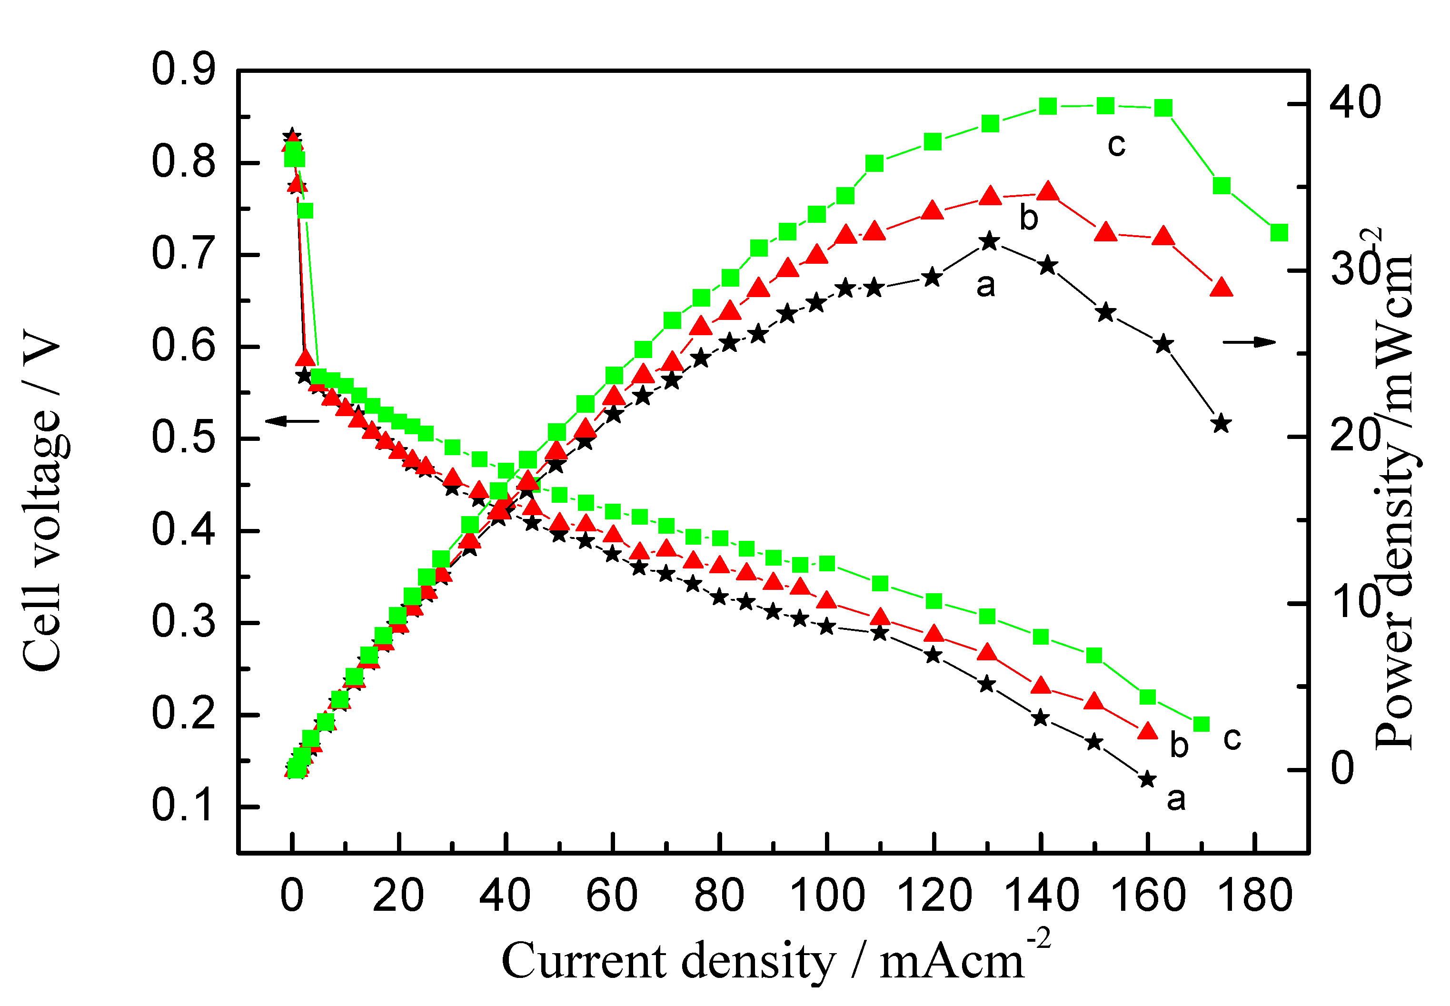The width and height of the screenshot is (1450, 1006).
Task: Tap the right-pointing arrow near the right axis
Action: (1249, 342)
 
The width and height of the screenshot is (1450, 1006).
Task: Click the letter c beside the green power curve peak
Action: (1116, 146)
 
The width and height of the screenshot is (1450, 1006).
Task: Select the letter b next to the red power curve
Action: (1028, 218)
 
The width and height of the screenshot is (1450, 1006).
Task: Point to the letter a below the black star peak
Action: (985, 286)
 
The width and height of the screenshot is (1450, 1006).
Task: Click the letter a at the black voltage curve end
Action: (1176, 799)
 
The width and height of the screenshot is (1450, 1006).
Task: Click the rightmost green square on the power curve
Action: (1279, 233)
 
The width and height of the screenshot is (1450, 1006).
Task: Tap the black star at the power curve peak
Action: (989, 241)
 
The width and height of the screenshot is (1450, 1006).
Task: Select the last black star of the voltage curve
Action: (1148, 779)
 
